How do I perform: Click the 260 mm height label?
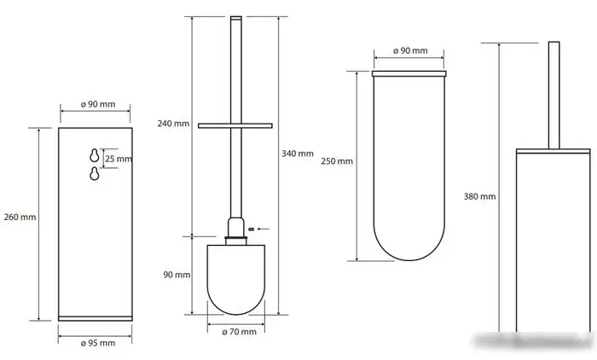click(x=20, y=218)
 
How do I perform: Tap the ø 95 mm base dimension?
click(x=98, y=343)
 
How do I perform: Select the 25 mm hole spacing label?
click(x=119, y=159)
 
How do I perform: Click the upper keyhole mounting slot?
click(x=95, y=155)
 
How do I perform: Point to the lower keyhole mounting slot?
click(x=95, y=173)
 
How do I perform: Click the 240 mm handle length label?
click(x=173, y=124)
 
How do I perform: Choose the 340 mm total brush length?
click(x=298, y=154)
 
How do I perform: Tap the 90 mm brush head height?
click(x=177, y=275)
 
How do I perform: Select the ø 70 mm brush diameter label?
click(x=239, y=332)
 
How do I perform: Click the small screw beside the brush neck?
click(x=251, y=229)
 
